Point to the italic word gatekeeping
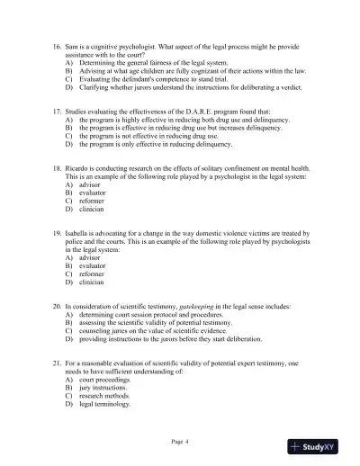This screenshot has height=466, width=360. [x=201, y=306]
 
